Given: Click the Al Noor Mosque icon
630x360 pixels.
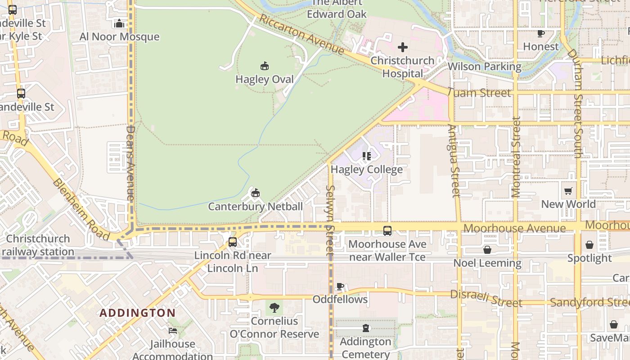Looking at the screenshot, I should (119, 23).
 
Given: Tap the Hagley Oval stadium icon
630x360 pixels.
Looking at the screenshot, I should (265, 66).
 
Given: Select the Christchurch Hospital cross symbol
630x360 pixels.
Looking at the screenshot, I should (403, 47).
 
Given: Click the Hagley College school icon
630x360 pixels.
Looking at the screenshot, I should (367, 156).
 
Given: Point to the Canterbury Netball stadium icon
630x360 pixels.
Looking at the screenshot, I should (256, 193).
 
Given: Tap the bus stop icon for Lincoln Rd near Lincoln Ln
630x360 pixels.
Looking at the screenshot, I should (233, 242).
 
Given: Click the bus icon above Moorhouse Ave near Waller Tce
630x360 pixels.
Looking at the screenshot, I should (387, 231).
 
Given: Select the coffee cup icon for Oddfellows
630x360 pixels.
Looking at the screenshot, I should (340, 286).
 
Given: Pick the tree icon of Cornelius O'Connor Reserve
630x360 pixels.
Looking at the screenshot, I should (274, 308).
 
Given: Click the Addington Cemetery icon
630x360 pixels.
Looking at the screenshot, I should (365, 328).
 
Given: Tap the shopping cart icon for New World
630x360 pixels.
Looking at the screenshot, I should (568, 191).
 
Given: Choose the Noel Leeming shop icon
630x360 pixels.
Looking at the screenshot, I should (487, 250).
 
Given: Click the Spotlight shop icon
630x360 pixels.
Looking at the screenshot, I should (589, 245).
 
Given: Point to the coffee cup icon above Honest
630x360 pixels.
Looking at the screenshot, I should (541, 33).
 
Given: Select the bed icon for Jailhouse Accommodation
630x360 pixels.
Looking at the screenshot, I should (173, 331).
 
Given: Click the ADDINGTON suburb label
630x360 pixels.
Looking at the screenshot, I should (138, 313).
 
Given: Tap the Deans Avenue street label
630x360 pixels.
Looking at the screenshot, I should (130, 163).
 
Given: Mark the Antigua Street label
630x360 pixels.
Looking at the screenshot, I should (455, 161).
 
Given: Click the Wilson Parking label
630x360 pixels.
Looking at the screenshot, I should (484, 67).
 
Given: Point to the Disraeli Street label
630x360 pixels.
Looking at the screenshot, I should (486, 299).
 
